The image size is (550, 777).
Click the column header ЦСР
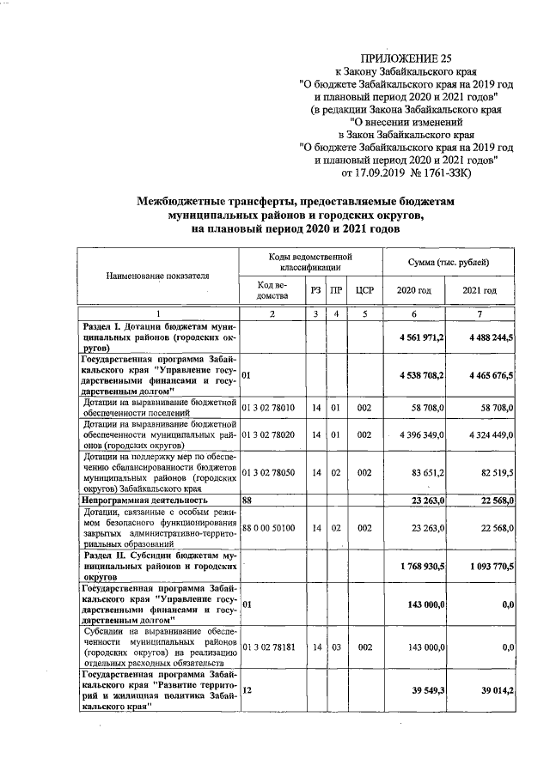coord(364,291)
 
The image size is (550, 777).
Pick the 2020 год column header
coord(412,291)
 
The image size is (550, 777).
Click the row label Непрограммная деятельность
coord(145,499)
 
